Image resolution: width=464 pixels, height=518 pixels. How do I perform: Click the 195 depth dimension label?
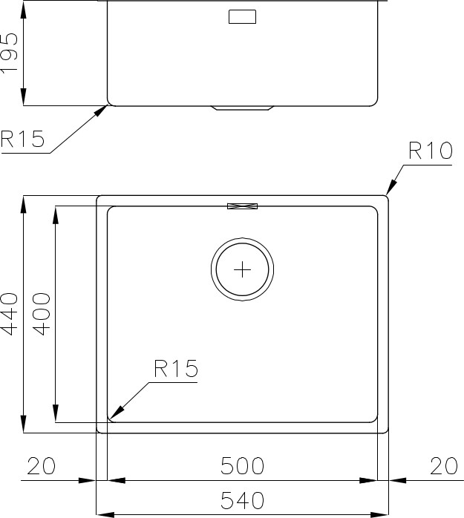9,53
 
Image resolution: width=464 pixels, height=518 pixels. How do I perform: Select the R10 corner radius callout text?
431,151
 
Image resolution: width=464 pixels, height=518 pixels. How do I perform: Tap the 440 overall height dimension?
9,314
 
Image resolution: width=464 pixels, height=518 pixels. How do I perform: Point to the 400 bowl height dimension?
42,314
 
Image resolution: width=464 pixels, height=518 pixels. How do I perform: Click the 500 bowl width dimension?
242,466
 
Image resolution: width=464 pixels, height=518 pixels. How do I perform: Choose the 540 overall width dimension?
242,500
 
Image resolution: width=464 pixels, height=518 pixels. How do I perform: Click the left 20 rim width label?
42,466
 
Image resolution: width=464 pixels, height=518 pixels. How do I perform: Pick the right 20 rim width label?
444,466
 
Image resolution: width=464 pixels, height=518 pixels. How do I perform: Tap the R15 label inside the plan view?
176,369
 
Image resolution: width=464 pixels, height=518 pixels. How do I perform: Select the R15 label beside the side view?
22,139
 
